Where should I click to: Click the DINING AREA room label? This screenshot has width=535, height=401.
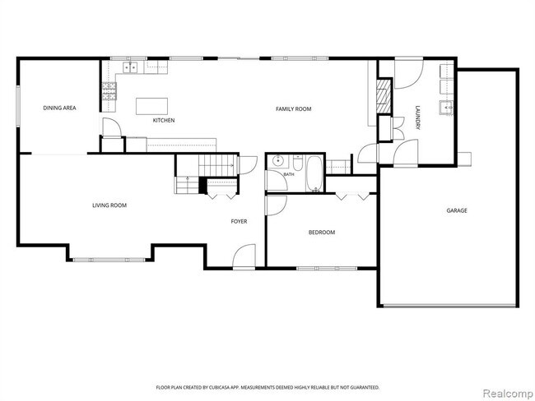[x=59, y=108]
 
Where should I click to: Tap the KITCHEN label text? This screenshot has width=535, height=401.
[x=164, y=120]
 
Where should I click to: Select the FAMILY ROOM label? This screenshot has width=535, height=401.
[x=294, y=109]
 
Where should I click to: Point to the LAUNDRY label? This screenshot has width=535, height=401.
[x=417, y=118]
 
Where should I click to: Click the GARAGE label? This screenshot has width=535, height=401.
[x=457, y=210]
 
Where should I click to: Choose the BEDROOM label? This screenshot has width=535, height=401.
[x=322, y=233]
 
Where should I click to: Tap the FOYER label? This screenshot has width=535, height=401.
[x=239, y=221]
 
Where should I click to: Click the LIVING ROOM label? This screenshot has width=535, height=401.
[x=109, y=205]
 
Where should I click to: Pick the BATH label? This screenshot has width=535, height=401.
[x=289, y=174]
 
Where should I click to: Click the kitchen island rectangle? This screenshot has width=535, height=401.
[x=151, y=106]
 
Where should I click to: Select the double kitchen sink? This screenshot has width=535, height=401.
[x=130, y=68]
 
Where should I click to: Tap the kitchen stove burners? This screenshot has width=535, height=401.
[x=109, y=91]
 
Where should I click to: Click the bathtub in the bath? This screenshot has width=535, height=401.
[x=314, y=173]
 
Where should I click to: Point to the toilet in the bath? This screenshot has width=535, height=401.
[x=297, y=163]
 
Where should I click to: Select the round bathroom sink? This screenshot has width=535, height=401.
[x=278, y=160]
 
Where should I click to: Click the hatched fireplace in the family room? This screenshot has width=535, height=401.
[x=384, y=96]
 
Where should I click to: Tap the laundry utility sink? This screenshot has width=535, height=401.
[x=446, y=108]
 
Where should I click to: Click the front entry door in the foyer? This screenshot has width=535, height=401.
[x=244, y=257]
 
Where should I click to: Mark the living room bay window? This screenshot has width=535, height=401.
[x=109, y=260]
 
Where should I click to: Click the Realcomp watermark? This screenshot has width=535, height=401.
[x=508, y=394]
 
